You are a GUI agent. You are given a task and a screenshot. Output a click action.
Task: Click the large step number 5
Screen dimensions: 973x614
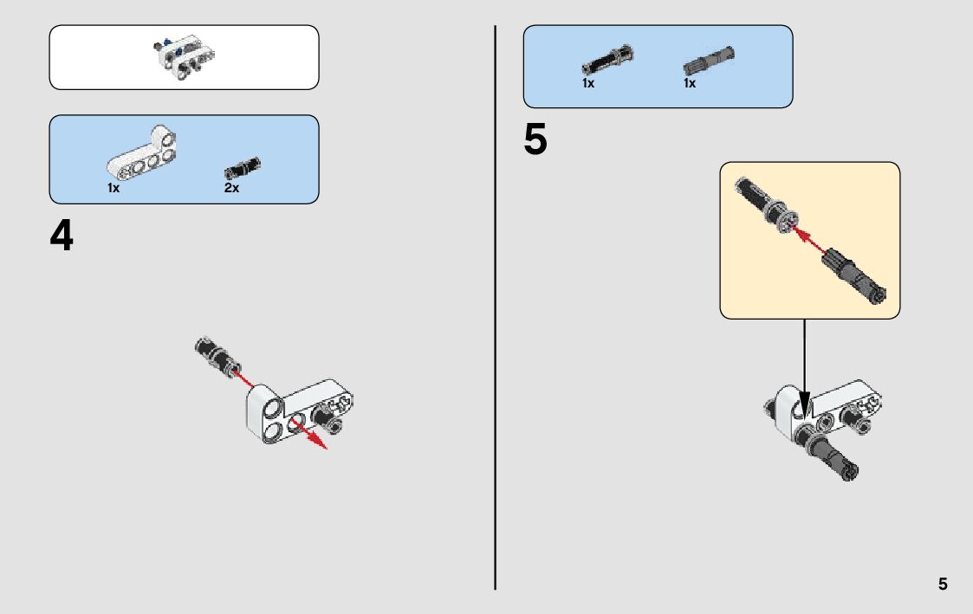[x=535, y=141]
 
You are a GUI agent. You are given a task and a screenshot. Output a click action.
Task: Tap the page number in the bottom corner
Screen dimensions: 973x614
[x=943, y=584]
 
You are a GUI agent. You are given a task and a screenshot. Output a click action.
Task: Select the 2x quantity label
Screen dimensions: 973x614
[x=231, y=188]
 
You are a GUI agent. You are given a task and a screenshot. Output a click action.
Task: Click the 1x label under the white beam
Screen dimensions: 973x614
[x=114, y=188]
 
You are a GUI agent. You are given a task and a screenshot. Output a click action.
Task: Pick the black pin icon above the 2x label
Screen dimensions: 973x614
[x=243, y=166]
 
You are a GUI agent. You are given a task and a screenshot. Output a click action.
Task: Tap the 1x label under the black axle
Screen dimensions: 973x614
[x=588, y=84]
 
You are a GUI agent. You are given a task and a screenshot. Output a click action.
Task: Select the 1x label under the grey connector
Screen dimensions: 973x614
[x=690, y=84]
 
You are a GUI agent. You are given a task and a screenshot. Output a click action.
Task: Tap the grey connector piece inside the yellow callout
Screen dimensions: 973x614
[x=853, y=274]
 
